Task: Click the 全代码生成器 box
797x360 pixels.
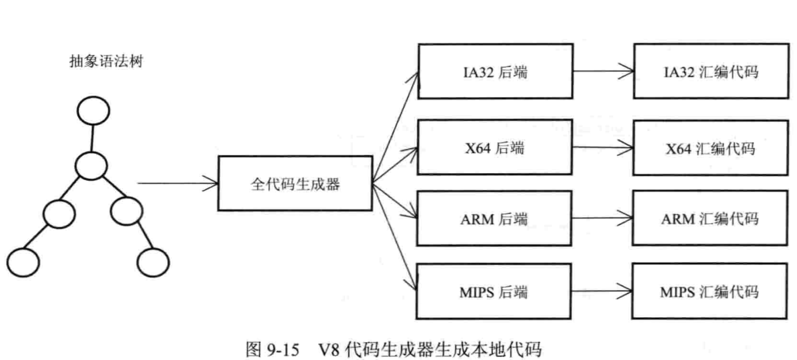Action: (x=295, y=184)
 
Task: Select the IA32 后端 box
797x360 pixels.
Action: (x=496, y=72)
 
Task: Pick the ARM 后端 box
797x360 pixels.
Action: (x=496, y=219)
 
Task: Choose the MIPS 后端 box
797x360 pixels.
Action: (x=496, y=292)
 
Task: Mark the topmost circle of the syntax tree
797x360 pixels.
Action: (x=92, y=112)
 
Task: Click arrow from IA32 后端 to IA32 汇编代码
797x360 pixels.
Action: (x=603, y=71)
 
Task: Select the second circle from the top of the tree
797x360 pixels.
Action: (x=91, y=166)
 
